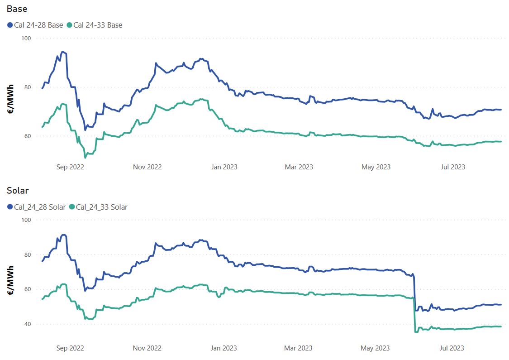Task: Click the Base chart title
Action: tap(17, 9)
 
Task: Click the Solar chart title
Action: tap(18, 191)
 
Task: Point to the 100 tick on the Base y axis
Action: tap(26, 38)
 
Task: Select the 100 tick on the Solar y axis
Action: tap(26, 220)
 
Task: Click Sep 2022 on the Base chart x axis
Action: tap(70, 167)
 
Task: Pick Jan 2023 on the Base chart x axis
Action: tap(224, 167)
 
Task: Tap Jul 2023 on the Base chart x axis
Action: tap(453, 167)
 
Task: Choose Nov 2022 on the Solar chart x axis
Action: tap(147, 348)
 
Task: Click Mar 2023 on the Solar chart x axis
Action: tap(299, 348)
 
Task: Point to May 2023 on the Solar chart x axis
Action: tap(376, 348)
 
